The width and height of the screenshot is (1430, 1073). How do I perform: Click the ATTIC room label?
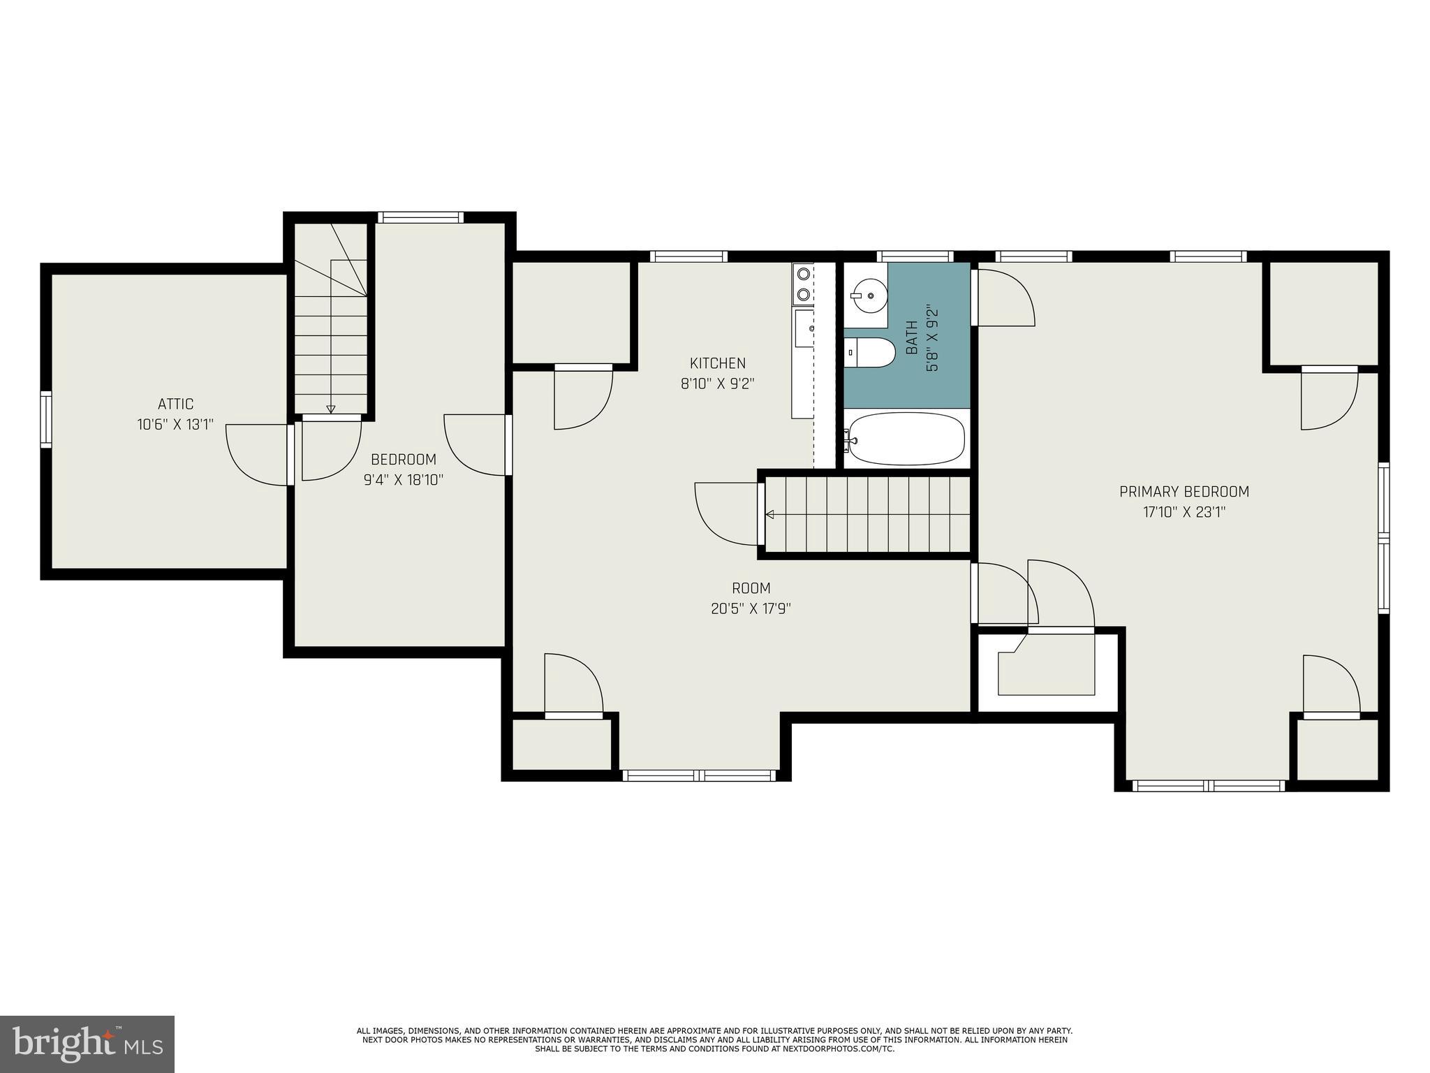click(175, 404)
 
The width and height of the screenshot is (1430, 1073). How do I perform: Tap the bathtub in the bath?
click(906, 439)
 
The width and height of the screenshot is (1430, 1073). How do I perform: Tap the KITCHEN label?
click(717, 363)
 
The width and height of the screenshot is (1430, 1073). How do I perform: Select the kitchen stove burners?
click(804, 284)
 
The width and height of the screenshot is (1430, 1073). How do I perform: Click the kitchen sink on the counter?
click(804, 328)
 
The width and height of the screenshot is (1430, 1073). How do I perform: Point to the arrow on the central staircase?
click(770, 515)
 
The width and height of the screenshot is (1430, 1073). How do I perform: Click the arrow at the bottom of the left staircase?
click(331, 409)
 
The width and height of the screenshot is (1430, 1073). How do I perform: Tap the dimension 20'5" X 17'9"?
click(751, 608)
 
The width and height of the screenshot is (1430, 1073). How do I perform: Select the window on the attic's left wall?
click(46, 419)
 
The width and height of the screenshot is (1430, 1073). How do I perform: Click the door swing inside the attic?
click(257, 454)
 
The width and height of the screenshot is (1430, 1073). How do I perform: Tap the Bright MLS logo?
click(87, 1044)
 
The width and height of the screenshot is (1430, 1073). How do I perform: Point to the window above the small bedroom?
click(420, 217)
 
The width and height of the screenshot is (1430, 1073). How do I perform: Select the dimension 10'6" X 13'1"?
click(175, 424)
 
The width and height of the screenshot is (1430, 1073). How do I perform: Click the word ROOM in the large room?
click(751, 588)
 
